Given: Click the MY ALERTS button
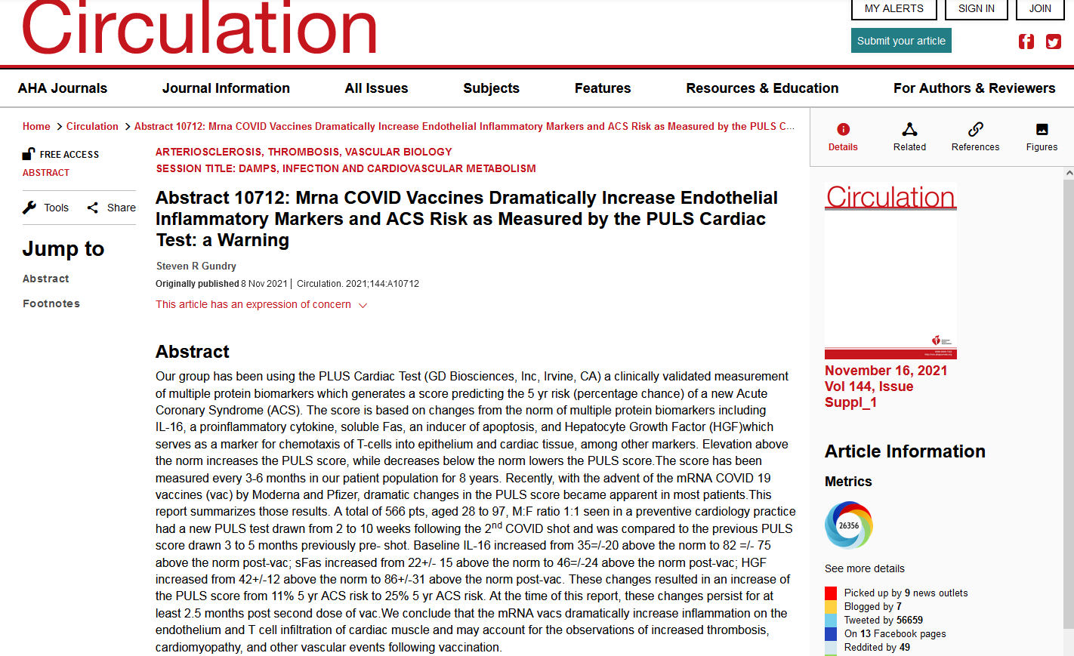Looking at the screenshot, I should pos(893,8).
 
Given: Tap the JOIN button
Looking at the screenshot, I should pos(1039,8).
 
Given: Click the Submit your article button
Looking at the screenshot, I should pos(901,41).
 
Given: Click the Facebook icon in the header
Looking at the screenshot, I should pos(1026,42).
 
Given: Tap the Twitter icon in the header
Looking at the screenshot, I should pos(1053,42).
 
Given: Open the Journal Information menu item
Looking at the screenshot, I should pos(226,88).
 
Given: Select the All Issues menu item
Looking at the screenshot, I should pos(376,88).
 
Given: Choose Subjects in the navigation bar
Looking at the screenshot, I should pos(491,88).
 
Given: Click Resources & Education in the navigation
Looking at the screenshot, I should pos(762,88).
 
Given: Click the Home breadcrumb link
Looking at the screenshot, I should pos(36,126).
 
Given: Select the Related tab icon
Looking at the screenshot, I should pos(909,129).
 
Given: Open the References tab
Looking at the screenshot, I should pos(975,137).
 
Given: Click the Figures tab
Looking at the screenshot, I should pos(1042,137).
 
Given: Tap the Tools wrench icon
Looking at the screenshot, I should pos(29,208).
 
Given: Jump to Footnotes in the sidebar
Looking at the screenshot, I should pos(51,303).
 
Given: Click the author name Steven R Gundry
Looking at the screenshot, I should pos(196,266).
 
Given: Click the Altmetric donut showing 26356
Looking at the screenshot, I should pos(848,525).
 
